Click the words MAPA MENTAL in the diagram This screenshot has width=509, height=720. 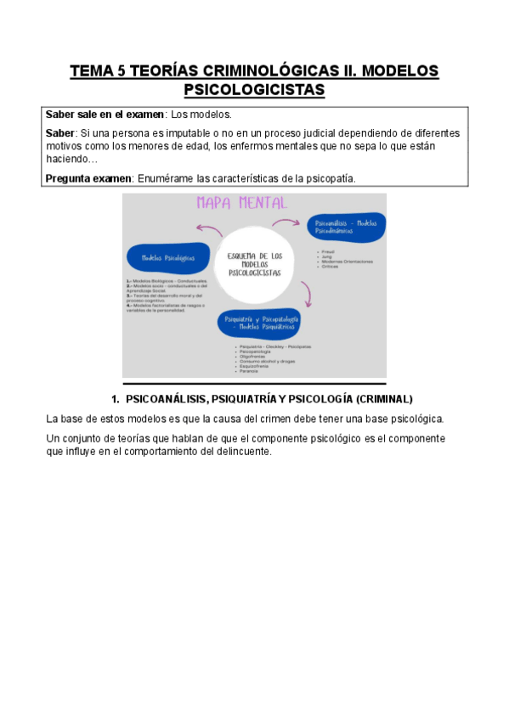[241, 203]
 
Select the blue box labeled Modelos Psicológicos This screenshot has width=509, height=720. [167, 257]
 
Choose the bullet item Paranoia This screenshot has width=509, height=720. [249, 371]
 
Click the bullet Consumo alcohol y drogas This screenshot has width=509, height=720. [262, 361]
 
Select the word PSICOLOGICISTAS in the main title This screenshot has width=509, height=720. [254, 89]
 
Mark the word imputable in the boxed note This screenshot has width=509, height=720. [167, 134]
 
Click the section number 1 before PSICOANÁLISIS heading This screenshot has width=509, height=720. [115, 398]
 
